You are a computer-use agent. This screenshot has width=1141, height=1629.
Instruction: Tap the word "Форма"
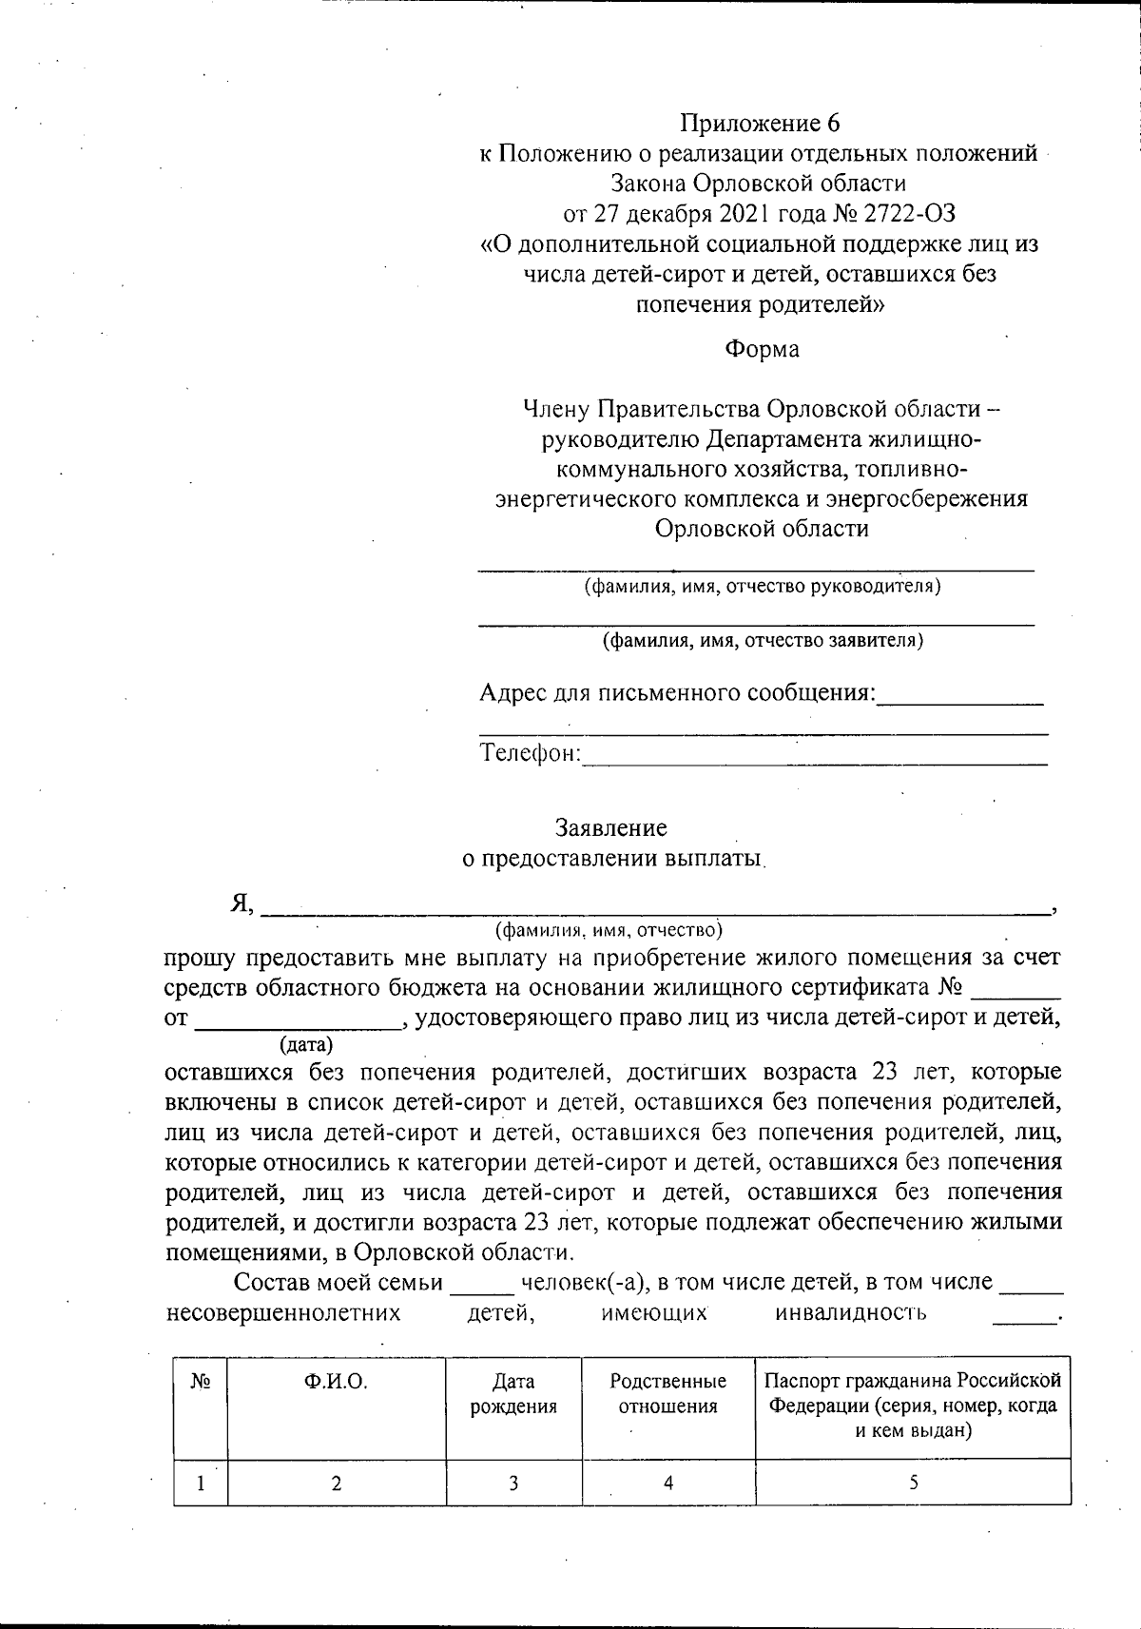(x=762, y=349)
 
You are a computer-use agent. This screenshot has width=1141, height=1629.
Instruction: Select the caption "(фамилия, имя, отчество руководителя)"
(x=762, y=586)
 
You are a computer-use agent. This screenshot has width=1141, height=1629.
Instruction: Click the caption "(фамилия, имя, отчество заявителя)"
(x=762, y=640)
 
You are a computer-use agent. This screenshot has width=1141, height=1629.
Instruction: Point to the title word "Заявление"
(x=610, y=827)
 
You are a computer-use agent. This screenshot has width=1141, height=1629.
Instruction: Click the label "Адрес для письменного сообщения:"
(x=677, y=692)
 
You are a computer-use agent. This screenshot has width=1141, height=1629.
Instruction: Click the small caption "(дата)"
(x=306, y=1045)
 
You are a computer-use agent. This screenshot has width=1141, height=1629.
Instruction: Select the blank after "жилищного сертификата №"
(x=1015, y=989)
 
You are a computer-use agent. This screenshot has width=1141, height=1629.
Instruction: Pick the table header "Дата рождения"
(x=513, y=1394)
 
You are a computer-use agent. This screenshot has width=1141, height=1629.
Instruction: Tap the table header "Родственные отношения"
(x=667, y=1394)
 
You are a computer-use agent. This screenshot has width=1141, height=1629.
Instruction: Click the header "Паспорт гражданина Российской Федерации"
(x=913, y=1393)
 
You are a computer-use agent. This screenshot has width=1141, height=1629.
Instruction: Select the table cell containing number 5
(x=913, y=1483)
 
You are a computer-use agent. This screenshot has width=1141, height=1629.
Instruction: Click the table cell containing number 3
(x=513, y=1483)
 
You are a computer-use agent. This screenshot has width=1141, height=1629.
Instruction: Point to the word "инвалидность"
(x=851, y=1313)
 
